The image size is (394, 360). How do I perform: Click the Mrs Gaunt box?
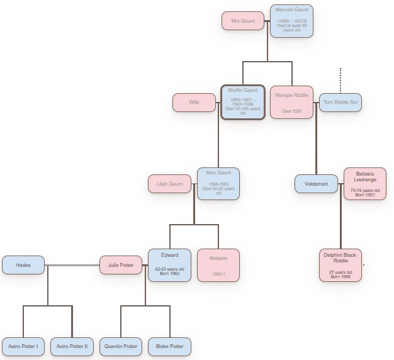(x=243, y=21)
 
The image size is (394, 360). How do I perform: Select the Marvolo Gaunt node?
(x=291, y=21)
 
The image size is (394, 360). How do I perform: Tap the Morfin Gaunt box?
(x=243, y=102)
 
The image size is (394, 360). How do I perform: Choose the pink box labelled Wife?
(x=194, y=102)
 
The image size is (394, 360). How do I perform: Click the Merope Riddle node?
(x=291, y=102)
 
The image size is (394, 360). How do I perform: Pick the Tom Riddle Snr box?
(x=341, y=102)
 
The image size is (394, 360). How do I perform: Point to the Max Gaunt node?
(x=218, y=184)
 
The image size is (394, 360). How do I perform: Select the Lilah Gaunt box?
(x=169, y=184)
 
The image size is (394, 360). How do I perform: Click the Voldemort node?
(x=316, y=184)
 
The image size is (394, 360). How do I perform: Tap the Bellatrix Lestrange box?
(x=365, y=184)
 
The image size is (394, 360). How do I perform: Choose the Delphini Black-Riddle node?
(x=341, y=265)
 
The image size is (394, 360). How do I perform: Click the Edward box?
(x=169, y=265)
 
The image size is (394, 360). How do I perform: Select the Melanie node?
(x=218, y=265)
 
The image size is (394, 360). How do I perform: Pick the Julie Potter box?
(x=121, y=265)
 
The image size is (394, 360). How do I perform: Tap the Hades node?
(x=23, y=265)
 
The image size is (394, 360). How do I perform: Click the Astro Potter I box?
(x=23, y=346)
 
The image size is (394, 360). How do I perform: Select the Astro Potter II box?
(x=72, y=346)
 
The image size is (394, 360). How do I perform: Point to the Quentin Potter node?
(x=121, y=346)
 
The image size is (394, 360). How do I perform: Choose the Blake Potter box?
(x=169, y=346)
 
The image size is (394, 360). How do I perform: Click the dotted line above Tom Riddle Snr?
(x=341, y=80)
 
